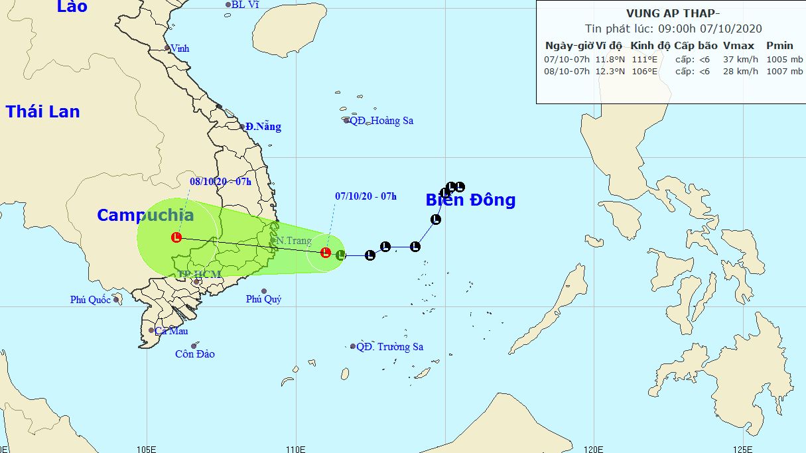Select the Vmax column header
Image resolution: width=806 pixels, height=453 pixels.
(739, 46)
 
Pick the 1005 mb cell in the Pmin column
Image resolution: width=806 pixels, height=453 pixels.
(784, 59)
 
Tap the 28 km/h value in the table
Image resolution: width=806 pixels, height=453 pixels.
(740, 72)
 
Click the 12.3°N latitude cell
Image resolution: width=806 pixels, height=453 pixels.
(610, 72)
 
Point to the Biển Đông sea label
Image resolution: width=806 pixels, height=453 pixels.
(470, 200)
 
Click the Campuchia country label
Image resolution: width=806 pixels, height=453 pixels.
(145, 215)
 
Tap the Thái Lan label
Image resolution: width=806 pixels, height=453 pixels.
(43, 112)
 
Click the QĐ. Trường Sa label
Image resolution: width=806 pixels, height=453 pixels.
(389, 347)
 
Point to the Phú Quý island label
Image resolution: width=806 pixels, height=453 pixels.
(263, 299)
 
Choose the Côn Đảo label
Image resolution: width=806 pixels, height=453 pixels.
(195, 354)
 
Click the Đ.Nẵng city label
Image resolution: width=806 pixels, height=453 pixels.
(263, 127)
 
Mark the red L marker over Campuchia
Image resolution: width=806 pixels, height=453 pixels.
(176, 237)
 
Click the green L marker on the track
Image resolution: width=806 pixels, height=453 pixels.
(340, 254)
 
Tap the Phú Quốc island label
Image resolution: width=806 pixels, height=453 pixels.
(90, 300)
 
